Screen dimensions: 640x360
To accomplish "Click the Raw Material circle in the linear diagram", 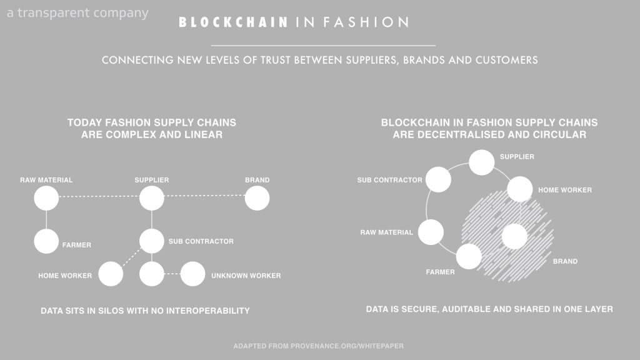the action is click(x=46, y=198).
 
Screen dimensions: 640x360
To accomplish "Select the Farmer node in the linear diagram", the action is click(x=46, y=241).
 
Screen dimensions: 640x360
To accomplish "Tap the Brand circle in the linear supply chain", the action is click(x=257, y=198).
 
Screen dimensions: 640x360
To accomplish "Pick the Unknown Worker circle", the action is click(x=192, y=274).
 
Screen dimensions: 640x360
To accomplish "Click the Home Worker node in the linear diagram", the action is click(x=111, y=274).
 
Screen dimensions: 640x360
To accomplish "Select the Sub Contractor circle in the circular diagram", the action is click(x=438, y=179).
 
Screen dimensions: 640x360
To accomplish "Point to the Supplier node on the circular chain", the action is click(x=482, y=162).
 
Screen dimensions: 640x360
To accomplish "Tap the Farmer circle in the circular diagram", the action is click(x=469, y=257).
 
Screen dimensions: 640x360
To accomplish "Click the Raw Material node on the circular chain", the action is click(x=431, y=232).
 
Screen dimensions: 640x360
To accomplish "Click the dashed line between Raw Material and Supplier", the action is click(x=99, y=196).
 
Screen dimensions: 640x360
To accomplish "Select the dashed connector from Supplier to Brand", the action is click(x=204, y=196).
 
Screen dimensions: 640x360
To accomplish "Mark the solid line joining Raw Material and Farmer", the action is click(x=46, y=219).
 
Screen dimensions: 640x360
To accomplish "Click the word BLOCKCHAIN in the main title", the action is click(x=234, y=22).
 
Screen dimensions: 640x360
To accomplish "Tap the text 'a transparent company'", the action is click(x=77, y=12).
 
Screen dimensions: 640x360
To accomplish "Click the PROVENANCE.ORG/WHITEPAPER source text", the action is click(x=347, y=346).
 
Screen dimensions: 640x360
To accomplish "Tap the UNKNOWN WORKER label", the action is click(x=246, y=276).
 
